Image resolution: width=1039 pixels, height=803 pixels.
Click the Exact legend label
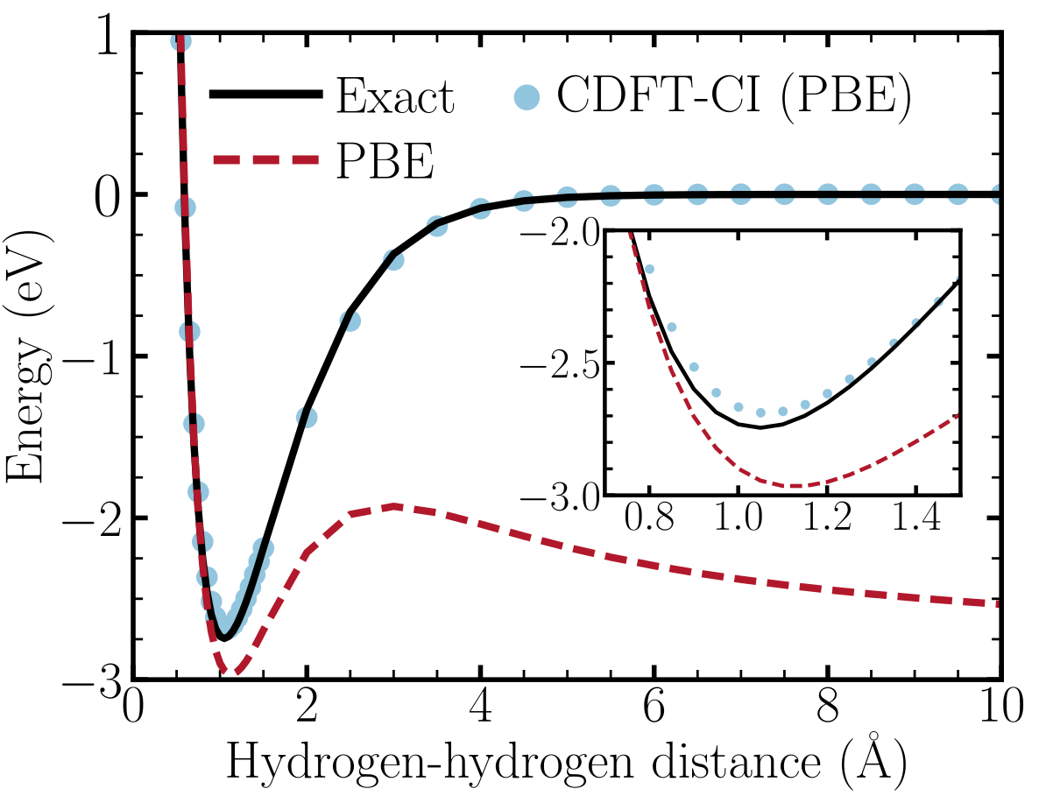point(396,97)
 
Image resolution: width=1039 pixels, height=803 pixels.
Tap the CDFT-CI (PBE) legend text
point(734,96)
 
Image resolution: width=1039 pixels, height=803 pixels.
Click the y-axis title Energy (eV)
point(28,356)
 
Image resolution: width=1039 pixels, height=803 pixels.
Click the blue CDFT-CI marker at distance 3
point(393,259)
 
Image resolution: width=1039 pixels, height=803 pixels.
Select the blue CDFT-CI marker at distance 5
point(567,196)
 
